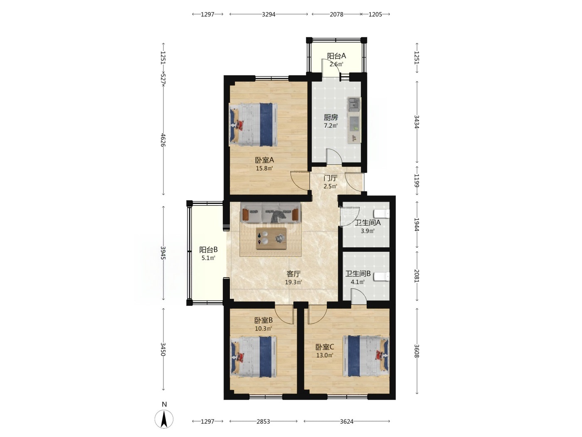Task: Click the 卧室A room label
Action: (264, 160)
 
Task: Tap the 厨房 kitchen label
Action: (330, 117)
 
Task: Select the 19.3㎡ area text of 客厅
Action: (293, 282)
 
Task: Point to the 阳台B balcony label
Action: (208, 250)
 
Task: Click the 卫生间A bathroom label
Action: (367, 223)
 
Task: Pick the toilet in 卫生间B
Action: (382, 276)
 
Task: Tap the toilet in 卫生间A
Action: (382, 214)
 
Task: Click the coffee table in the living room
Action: (271, 238)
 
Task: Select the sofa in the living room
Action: (271, 213)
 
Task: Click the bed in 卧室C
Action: (366, 356)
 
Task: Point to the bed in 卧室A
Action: (253, 125)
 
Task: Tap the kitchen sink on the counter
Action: (354, 104)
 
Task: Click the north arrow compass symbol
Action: (164, 419)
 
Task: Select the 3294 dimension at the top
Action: (269, 14)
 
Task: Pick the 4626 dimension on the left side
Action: (163, 140)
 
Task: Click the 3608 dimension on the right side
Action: (417, 351)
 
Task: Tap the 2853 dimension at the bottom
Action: (263, 422)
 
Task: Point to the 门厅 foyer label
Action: (330, 178)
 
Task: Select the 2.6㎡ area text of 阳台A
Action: (336, 64)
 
